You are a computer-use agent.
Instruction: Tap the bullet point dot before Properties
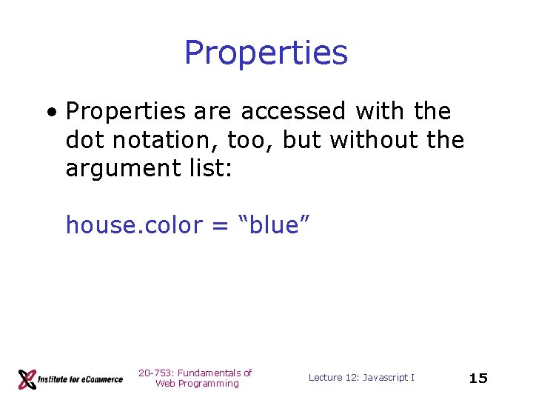(x=50, y=113)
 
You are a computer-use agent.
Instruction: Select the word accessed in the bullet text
(x=293, y=111)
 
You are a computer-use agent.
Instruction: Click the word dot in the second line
(x=84, y=139)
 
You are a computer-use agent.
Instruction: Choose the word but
(x=301, y=139)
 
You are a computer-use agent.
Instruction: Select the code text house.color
(x=134, y=224)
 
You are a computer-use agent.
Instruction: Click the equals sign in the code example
(x=219, y=226)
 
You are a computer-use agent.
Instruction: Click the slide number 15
(x=478, y=379)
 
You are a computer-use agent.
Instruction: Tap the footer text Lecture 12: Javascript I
(x=361, y=378)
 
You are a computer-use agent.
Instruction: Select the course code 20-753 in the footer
(x=154, y=373)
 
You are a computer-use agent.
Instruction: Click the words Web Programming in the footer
(x=197, y=384)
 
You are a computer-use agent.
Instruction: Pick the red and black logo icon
(x=28, y=379)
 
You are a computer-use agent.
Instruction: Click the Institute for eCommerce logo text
(x=81, y=379)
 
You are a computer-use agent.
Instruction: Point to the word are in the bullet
(x=212, y=111)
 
